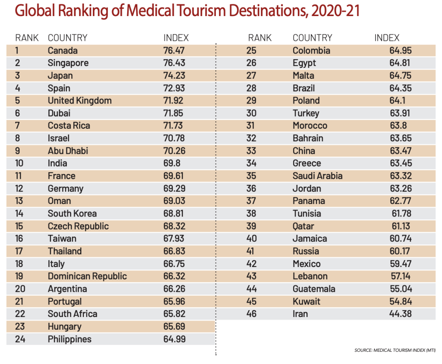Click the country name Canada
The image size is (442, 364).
pos(63,50)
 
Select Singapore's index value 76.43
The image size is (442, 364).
pos(174,63)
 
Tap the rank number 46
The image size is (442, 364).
pos(251,314)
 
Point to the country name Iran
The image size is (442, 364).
pos(300,314)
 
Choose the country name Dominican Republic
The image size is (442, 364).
pos(87,277)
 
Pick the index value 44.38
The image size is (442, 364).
pos(401,314)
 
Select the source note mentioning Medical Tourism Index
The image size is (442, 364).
pos(395,350)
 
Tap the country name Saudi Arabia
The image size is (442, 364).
pos(317,176)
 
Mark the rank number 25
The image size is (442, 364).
pos(251,50)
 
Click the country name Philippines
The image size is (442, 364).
pos(69,339)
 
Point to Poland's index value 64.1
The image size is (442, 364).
pos(398,101)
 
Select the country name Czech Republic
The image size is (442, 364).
pos(78,226)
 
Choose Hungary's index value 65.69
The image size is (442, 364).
pos(174,327)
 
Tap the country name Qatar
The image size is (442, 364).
pos(303,227)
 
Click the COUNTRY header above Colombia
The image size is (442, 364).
pos(312,38)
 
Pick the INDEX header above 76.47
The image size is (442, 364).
pos(176,38)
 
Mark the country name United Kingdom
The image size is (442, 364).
pos(79,101)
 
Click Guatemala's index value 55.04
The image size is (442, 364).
pos(401,289)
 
